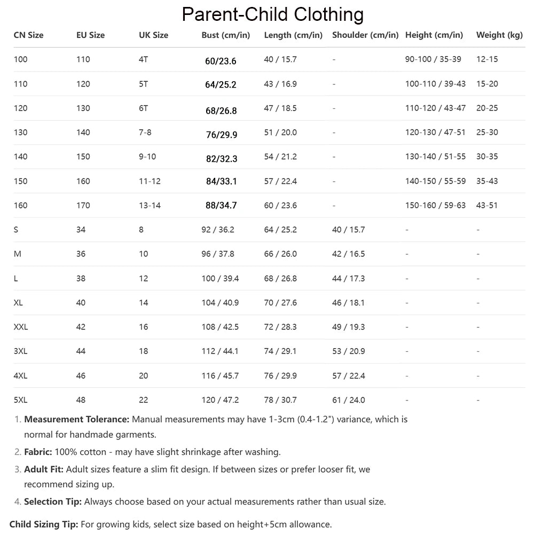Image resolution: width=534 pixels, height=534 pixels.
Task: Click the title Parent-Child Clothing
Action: click(272, 14)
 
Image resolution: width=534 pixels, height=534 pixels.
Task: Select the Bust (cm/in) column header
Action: click(225, 35)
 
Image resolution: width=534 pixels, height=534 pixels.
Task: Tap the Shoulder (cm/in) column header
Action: click(365, 35)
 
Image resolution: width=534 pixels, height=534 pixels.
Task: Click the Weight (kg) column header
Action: click(499, 35)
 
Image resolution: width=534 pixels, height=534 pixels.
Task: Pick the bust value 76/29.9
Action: click(221, 135)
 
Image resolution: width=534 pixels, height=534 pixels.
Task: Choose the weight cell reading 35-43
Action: click(487, 181)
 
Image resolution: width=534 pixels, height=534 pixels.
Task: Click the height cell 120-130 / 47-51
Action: click(435, 132)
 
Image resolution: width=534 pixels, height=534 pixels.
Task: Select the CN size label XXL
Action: click(21, 327)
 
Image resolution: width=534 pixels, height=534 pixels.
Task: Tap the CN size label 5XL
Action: click(20, 400)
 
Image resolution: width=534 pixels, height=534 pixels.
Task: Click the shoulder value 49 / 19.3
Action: click(348, 327)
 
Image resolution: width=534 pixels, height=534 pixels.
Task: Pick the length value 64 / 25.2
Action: click(280, 230)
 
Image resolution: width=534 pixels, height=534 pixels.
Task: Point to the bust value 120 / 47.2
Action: click(220, 400)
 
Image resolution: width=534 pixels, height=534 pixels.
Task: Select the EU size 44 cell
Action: click(81, 351)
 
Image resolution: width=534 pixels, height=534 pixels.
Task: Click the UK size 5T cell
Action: click(143, 84)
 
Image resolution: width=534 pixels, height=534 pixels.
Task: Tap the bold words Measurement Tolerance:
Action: click(77, 420)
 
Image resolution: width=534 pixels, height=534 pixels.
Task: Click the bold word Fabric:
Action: click(38, 452)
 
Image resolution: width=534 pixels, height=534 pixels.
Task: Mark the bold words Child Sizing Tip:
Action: click(44, 524)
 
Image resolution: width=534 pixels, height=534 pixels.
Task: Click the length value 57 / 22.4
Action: click(280, 181)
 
